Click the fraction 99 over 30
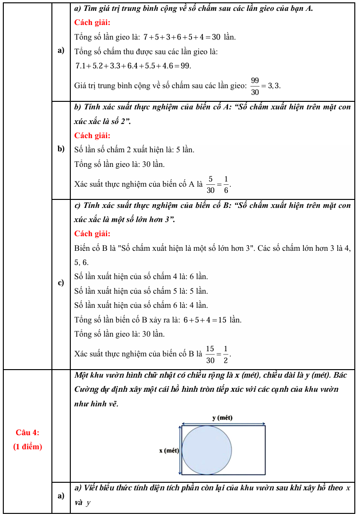point(255,85)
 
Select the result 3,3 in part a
point(274,85)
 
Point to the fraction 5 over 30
point(210,184)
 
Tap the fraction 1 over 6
point(226,184)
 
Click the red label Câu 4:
point(27,432)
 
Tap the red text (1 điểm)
point(27,446)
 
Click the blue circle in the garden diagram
point(207,450)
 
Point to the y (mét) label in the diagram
point(222,418)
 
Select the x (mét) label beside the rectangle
point(168,451)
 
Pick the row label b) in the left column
point(61,149)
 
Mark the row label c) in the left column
point(61,283)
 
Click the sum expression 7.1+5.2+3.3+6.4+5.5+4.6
point(133,66)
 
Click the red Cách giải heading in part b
point(92,136)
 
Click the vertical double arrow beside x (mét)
point(179,450)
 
